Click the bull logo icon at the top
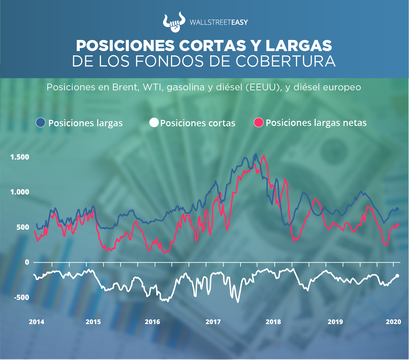pyautogui.click(x=173, y=22)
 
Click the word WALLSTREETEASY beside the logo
pyautogui.click(x=219, y=22)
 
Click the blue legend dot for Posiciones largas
pyautogui.click(x=41, y=123)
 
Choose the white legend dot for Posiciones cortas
pyautogui.click(x=154, y=123)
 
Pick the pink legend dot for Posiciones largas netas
pyautogui.click(x=259, y=123)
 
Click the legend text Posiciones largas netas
pyautogui.click(x=316, y=123)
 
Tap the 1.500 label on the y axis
pyautogui.click(x=19, y=157)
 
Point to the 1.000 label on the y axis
pyautogui.click(x=19, y=192)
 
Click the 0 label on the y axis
pyautogui.click(x=27, y=262)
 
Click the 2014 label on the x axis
pyautogui.click(x=36, y=322)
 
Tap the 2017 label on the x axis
pyautogui.click(x=213, y=322)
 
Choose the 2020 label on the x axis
pyautogui.click(x=393, y=322)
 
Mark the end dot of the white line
pyautogui.click(x=398, y=276)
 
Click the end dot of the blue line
pyautogui.click(x=398, y=209)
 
